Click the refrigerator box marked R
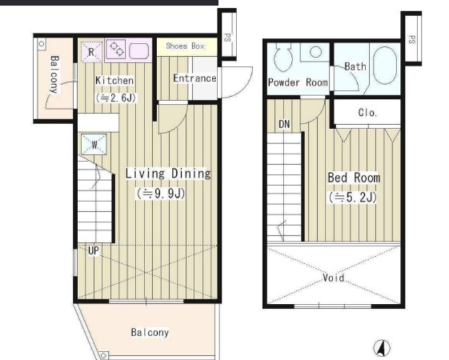(91, 51)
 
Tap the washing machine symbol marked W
(94, 145)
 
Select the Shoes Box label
(185, 46)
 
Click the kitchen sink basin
(139, 51)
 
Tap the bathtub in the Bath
(385, 65)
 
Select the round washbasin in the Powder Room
(316, 52)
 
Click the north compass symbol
(382, 347)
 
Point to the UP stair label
(93, 251)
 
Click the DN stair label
(284, 124)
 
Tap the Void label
(334, 277)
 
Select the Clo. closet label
(368, 112)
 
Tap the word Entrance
(195, 78)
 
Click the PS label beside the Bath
(412, 39)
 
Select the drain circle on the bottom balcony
(104, 356)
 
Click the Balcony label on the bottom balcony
(149, 332)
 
